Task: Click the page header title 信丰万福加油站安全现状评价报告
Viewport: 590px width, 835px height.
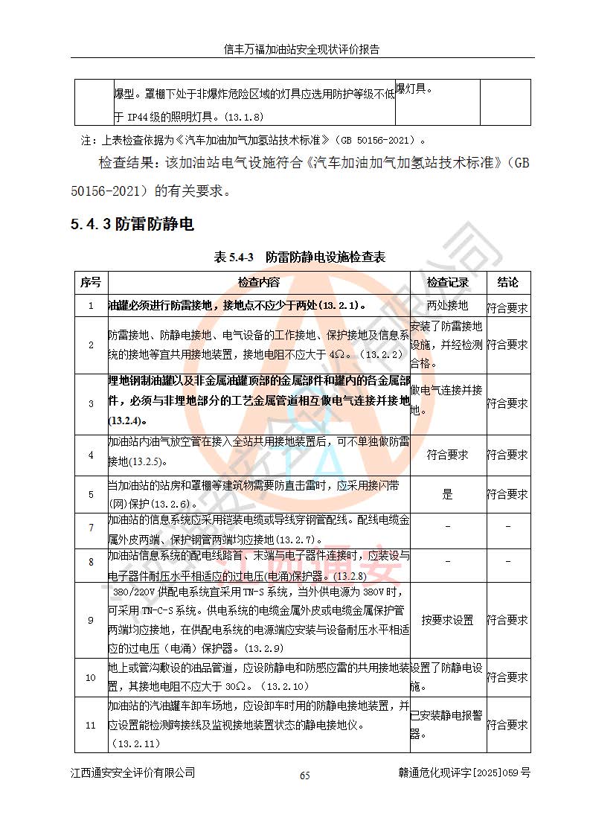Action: click(x=302, y=50)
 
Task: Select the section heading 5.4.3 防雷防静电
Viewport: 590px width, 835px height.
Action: click(x=132, y=225)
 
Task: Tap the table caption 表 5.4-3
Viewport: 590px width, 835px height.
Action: click(x=234, y=257)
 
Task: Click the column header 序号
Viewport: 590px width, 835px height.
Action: click(x=90, y=282)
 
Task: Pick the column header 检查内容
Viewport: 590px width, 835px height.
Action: click(x=259, y=282)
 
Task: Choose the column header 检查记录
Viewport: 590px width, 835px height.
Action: click(x=447, y=282)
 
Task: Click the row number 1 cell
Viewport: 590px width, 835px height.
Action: click(x=90, y=306)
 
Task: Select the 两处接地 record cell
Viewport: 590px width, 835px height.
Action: click(x=447, y=306)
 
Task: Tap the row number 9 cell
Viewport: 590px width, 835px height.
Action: click(x=90, y=620)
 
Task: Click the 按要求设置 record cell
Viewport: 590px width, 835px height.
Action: click(x=447, y=620)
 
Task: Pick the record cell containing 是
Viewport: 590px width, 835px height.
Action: click(x=447, y=494)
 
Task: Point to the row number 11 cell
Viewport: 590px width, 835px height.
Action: click(x=90, y=725)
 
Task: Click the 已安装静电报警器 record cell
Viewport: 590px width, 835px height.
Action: click(x=446, y=725)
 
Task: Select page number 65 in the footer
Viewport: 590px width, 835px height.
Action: click(x=304, y=775)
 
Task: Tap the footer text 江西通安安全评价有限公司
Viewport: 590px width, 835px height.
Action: click(x=133, y=773)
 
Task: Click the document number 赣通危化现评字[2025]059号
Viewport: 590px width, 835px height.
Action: click(x=464, y=773)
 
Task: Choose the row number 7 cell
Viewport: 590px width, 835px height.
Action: click(x=90, y=528)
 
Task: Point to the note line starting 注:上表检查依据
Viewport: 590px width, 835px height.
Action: click(x=253, y=139)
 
